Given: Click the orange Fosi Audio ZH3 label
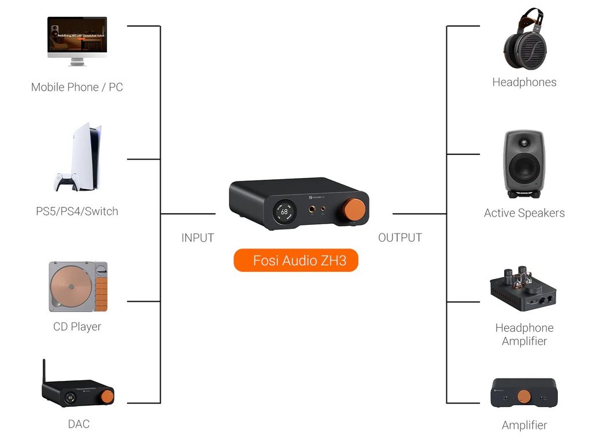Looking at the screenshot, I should pyautogui.click(x=296, y=261).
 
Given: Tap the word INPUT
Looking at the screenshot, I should pyautogui.click(x=198, y=238).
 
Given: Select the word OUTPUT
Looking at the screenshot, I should pyautogui.click(x=400, y=238).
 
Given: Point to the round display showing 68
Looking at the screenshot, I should pyautogui.click(x=284, y=212).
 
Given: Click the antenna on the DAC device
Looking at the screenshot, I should pyautogui.click(x=44, y=373).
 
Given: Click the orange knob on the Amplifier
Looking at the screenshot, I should pyautogui.click(x=524, y=396).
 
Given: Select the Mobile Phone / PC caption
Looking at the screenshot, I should pyautogui.click(x=77, y=87).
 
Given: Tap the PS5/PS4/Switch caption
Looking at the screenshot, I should pyautogui.click(x=77, y=212).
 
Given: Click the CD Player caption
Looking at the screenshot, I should pyautogui.click(x=77, y=327).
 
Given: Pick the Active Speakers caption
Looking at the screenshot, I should pyautogui.click(x=524, y=213).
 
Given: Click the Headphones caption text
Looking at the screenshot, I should pyautogui.click(x=524, y=82).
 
